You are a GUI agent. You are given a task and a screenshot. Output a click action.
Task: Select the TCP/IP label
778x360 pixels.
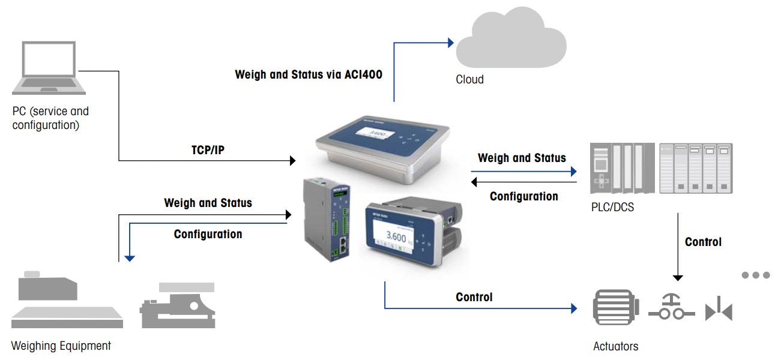(x=204, y=150)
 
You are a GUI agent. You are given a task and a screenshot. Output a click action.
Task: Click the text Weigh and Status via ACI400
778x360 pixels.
(x=309, y=75)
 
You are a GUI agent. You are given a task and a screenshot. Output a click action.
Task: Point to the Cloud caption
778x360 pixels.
(x=469, y=79)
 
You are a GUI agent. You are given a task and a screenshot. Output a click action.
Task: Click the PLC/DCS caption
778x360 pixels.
(x=612, y=208)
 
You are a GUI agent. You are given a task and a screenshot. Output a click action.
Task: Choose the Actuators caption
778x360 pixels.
(x=615, y=346)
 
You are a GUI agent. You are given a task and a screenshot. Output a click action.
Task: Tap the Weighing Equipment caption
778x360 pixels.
(x=61, y=346)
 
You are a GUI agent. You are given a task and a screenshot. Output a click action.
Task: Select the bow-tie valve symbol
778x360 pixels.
(x=719, y=311)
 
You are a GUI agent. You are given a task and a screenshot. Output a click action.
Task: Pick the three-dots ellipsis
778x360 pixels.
(x=755, y=275)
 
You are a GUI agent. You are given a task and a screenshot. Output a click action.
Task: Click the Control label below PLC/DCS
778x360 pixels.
(x=703, y=242)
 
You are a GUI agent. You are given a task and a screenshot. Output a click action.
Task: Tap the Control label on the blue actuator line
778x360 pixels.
(x=474, y=297)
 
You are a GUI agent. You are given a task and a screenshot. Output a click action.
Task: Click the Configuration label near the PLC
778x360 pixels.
(x=524, y=196)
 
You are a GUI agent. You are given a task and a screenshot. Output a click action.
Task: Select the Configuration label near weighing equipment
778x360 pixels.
(x=208, y=234)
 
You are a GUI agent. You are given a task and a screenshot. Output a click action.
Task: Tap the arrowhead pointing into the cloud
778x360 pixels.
(x=450, y=43)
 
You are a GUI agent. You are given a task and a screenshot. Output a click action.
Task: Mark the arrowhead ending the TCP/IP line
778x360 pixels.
(x=293, y=161)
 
